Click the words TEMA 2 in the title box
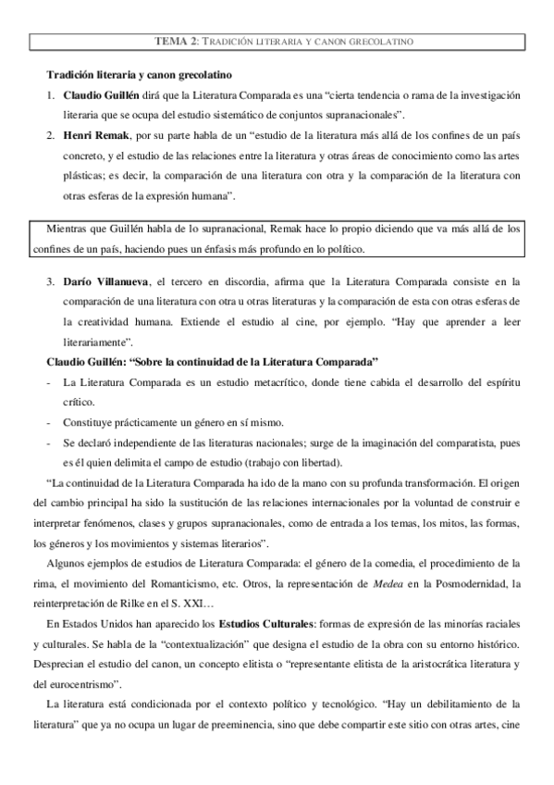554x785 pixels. coord(177,42)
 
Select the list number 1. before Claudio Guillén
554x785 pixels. coord(52,95)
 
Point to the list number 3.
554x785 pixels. coord(52,281)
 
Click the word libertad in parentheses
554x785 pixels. coord(317,462)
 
